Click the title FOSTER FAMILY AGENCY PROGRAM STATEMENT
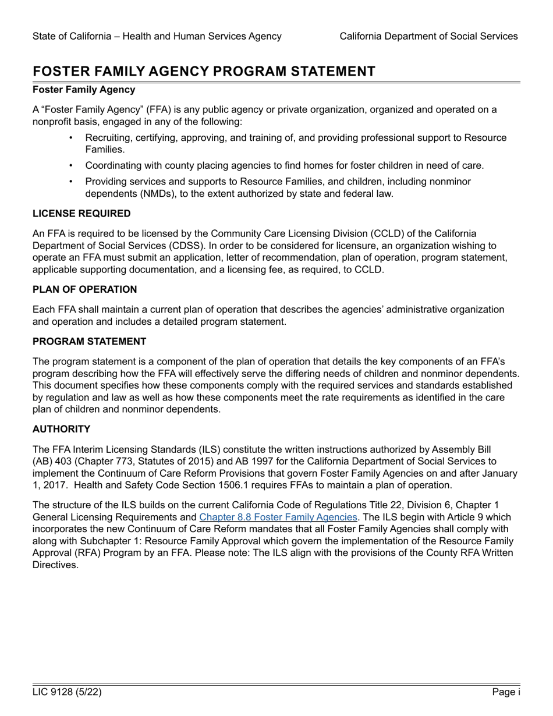pyautogui.click(x=204, y=71)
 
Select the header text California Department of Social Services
pyautogui.click(x=428, y=36)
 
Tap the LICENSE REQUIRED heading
pyautogui.click(x=81, y=214)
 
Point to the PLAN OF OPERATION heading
pyautogui.click(x=85, y=289)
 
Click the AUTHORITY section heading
pyautogui.click(x=61, y=429)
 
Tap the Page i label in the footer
pyautogui.click(x=506, y=692)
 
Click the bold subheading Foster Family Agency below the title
pyautogui.click(x=84, y=90)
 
